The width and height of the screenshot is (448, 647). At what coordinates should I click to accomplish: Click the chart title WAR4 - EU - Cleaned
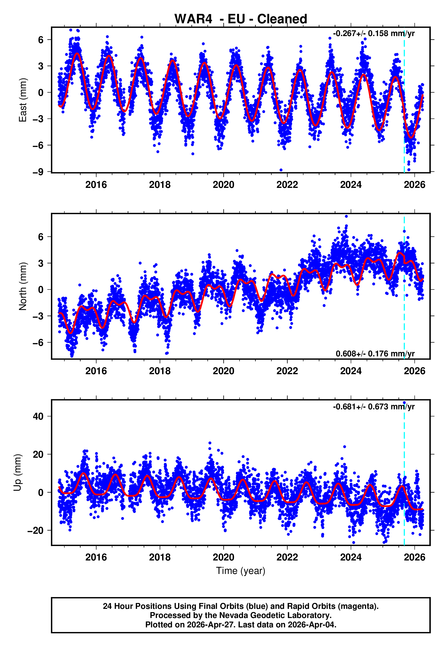coord(241,19)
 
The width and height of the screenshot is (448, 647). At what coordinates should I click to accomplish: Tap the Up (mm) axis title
coord(17,473)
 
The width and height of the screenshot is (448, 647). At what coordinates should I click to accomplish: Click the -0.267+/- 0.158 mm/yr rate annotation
coord(374,33)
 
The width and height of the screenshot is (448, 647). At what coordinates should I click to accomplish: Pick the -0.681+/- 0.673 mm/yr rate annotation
coord(374,407)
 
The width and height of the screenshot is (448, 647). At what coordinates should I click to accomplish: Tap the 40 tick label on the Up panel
coord(38,416)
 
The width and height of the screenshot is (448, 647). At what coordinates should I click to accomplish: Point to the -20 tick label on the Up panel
coord(35,531)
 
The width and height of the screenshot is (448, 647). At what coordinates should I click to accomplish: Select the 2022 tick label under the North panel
coord(287,371)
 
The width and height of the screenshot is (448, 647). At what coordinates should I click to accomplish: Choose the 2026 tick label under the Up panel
coord(415,557)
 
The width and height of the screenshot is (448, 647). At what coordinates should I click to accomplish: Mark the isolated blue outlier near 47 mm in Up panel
coord(404,403)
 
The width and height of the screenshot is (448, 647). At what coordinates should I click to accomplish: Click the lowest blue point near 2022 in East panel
coord(281,170)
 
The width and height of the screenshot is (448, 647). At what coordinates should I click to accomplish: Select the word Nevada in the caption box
coord(234,615)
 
